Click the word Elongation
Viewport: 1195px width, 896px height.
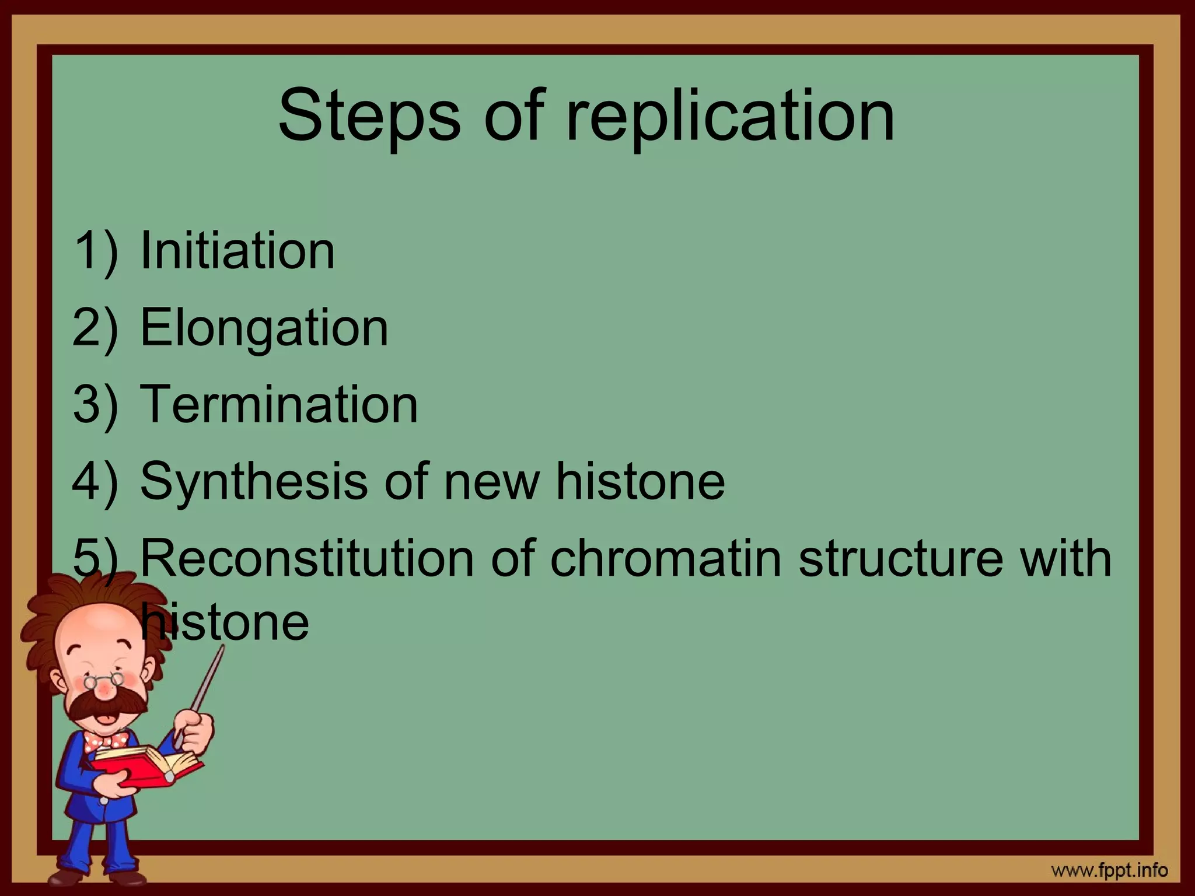coord(264,328)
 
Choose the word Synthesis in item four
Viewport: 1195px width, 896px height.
coord(253,481)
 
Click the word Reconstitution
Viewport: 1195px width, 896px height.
coord(307,558)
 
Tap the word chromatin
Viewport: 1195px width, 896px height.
coord(665,558)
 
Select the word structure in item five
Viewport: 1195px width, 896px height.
coord(901,558)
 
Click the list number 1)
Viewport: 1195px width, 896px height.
coord(95,251)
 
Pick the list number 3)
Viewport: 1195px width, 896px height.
coord(95,404)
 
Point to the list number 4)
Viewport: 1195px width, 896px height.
coord(95,481)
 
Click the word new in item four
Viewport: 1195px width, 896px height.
coord(491,481)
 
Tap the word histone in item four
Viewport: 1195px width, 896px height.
coord(640,481)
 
